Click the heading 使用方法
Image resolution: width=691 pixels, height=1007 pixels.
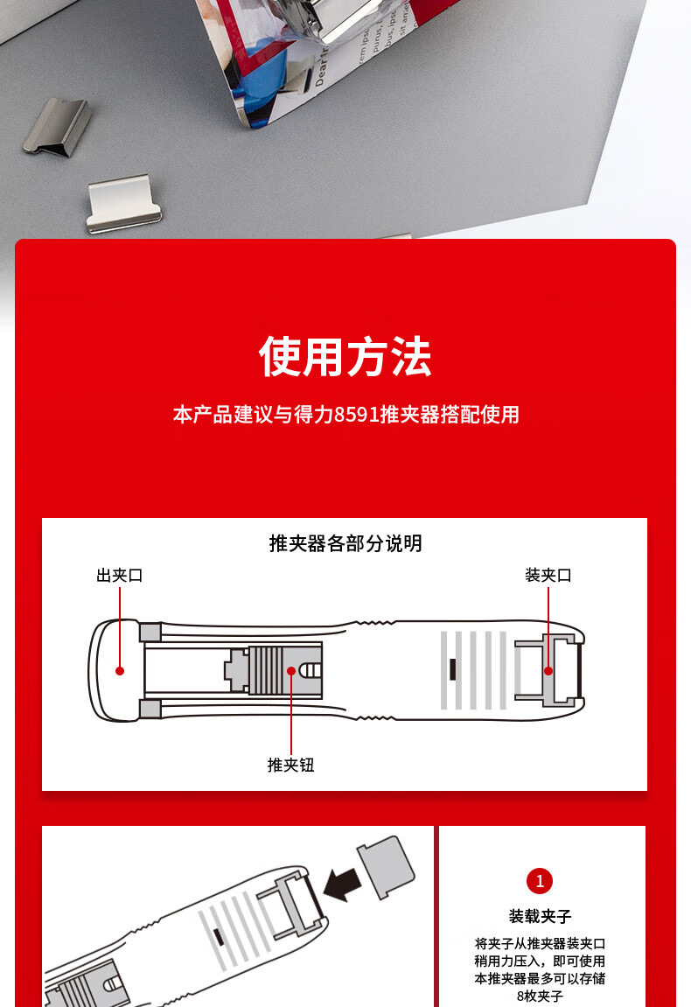point(345,356)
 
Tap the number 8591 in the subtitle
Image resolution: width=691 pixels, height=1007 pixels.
point(356,414)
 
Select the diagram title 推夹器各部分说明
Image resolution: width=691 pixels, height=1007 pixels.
point(345,543)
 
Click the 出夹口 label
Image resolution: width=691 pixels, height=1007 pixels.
point(120,575)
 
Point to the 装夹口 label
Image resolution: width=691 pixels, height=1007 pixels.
point(548,575)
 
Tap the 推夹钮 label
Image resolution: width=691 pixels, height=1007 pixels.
point(291,765)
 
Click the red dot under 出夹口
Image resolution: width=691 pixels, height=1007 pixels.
point(120,671)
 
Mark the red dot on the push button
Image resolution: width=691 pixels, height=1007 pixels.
point(291,671)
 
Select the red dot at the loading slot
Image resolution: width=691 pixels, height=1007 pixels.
point(548,671)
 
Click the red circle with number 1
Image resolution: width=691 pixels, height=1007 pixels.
point(540,881)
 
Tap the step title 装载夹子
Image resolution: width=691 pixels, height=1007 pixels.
point(540,916)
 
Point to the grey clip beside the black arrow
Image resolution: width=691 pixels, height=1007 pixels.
point(386,866)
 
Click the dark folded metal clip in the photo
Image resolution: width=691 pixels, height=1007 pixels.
point(57,126)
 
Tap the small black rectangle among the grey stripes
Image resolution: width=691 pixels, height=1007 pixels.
point(453,669)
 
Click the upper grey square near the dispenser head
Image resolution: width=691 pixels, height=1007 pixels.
point(150,632)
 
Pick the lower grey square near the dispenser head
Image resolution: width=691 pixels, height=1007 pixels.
point(150,710)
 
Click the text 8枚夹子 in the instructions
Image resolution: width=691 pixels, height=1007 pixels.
point(540,997)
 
